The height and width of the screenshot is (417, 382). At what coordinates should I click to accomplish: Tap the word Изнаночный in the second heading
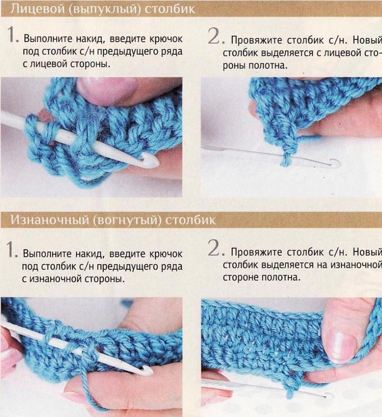click(49, 220)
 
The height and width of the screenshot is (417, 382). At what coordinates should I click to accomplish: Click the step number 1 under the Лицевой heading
click(12, 34)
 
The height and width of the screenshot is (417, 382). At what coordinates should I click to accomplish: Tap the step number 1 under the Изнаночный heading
click(11, 249)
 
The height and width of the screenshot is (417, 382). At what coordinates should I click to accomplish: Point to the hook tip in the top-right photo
click(336, 162)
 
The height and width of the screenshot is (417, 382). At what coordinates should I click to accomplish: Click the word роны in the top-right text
click(234, 66)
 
